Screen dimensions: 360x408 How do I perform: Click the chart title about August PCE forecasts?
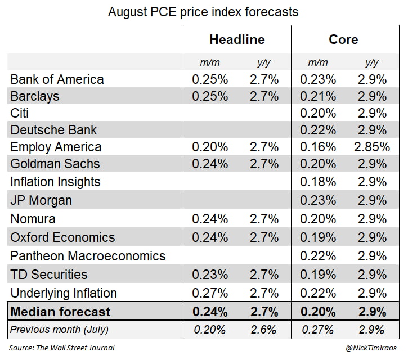[203, 11]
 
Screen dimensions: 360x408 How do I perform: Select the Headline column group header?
[236, 40]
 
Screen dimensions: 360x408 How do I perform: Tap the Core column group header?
[343, 40]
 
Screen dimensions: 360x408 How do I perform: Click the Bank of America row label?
[57, 79]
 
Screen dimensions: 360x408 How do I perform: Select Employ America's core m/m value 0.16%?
[318, 147]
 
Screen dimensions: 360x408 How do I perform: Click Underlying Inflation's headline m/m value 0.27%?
[210, 293]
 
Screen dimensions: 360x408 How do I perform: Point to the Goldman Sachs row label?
[55, 164]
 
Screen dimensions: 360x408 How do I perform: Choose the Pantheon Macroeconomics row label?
[88, 256]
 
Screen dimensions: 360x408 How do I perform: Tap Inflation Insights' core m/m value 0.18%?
[318, 182]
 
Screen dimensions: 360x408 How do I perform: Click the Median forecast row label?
[60, 312]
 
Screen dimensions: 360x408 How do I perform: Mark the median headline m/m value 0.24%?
[210, 312]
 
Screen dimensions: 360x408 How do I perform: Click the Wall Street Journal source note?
[62, 348]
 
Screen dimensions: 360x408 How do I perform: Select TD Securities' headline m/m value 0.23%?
[210, 274]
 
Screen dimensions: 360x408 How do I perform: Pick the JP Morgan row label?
[41, 201]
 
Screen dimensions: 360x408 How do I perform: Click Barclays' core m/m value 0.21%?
[318, 96]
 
